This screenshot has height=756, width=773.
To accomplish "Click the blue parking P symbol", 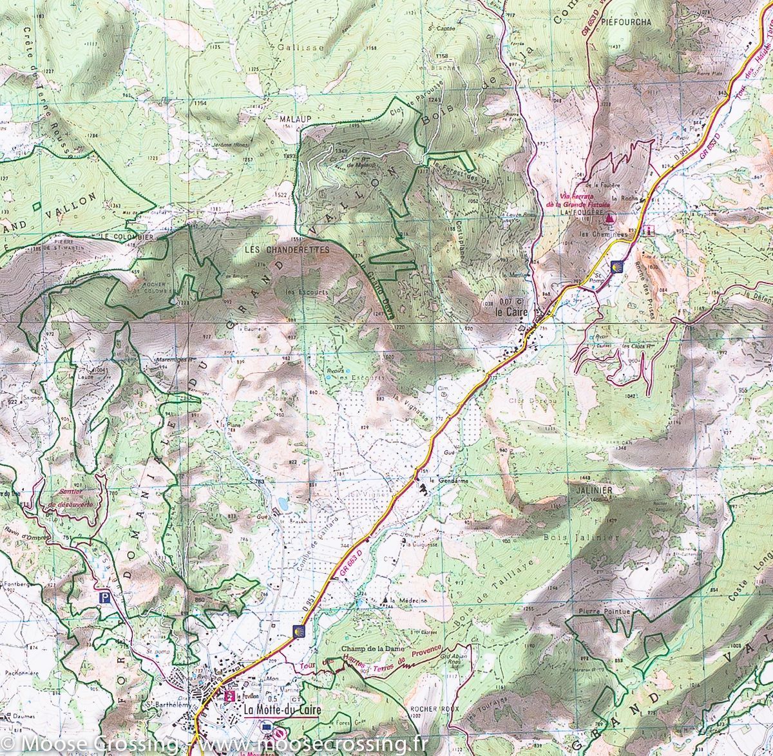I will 103,598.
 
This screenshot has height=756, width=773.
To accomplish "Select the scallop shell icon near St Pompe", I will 616,265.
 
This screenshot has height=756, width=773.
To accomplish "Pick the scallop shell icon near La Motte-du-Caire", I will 298,629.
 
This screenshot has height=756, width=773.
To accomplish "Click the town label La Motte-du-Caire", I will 283,710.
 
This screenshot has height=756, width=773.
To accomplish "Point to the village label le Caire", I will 511,312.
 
